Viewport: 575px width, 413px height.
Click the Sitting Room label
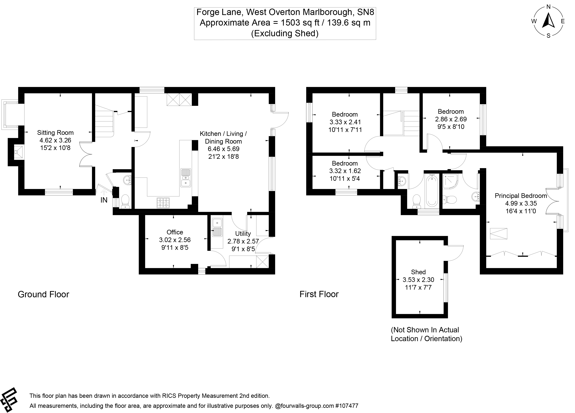[x=55, y=132]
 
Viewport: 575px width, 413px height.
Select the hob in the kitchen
[x=164, y=203]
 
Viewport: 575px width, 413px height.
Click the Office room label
[x=175, y=232]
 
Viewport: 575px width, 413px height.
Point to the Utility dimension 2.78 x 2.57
[x=243, y=241]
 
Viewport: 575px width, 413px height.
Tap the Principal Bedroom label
[x=521, y=196]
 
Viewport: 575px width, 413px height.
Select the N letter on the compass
[x=548, y=7]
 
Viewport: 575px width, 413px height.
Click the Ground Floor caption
[x=43, y=294]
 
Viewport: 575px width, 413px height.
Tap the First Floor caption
[x=319, y=294]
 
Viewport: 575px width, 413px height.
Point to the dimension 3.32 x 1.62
[x=345, y=171]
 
